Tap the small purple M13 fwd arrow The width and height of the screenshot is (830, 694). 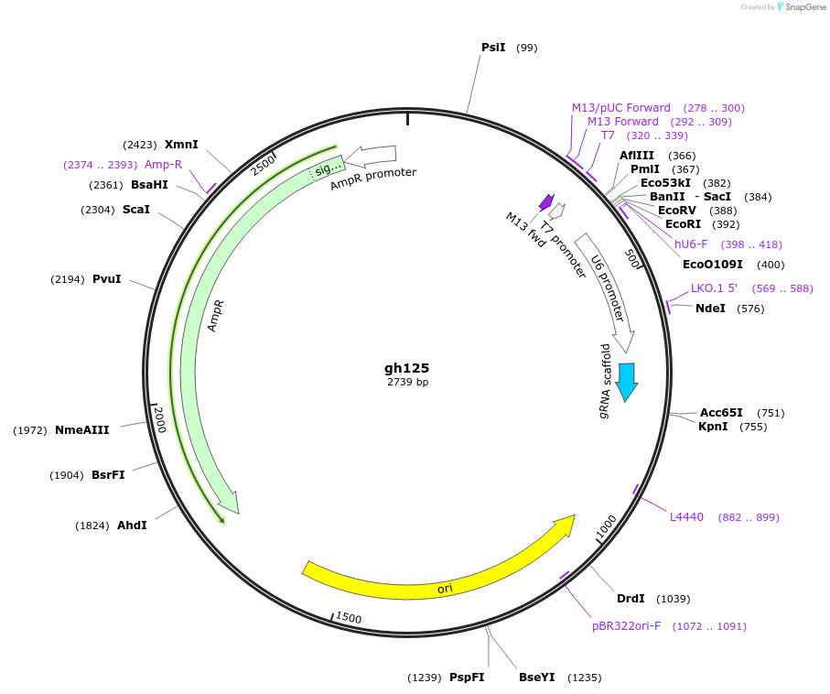546,201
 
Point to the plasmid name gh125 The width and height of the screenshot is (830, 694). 406,367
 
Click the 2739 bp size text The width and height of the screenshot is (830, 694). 407,382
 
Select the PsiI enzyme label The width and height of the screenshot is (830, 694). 493,48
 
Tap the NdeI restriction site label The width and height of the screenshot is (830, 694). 710,309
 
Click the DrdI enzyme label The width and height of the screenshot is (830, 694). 631,599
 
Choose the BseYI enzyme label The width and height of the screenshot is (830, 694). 537,678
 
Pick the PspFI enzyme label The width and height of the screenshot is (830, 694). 467,678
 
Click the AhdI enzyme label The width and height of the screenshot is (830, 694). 132,526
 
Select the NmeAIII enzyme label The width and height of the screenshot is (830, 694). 82,430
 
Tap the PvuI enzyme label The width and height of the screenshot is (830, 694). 106,279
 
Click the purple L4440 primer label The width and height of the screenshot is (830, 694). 686,517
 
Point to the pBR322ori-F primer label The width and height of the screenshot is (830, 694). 626,626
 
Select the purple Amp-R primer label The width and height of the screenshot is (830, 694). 163,165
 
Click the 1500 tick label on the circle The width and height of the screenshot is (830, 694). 349,619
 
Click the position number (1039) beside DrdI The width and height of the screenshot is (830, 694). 674,599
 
